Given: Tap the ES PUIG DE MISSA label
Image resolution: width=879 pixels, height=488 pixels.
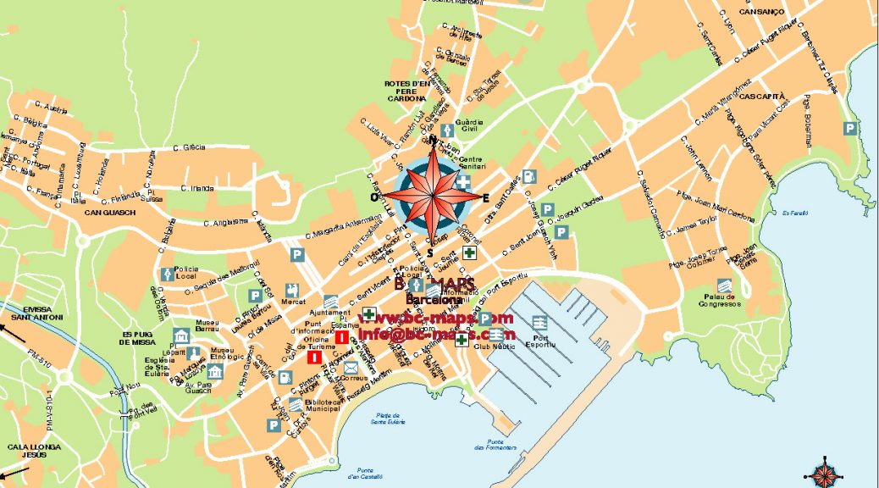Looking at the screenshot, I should click(141, 339).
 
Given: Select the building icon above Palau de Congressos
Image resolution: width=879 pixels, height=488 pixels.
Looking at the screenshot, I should click(724, 285).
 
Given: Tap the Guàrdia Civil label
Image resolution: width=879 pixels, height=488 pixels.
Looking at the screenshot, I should click(469, 127).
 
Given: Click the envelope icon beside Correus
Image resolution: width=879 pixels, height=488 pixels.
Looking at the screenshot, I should click(351, 367).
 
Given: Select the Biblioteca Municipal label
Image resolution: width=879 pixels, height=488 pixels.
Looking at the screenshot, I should click(319, 406).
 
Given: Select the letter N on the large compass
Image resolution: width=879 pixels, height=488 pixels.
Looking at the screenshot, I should click(433, 140).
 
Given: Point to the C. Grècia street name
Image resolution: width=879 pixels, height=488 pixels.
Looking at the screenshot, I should click(189, 147).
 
